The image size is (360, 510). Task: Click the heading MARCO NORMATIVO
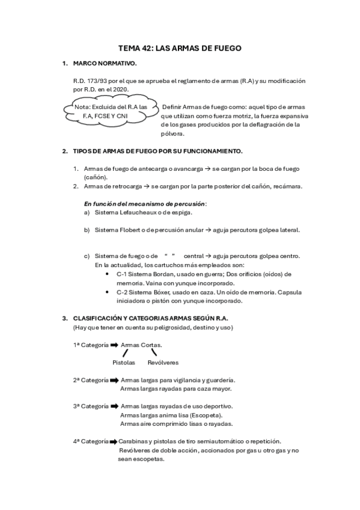click(105, 63)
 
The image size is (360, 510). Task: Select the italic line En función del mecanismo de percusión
click(145, 203)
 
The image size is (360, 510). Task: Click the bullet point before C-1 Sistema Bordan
click(106, 274)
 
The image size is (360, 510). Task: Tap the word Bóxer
click(158, 292)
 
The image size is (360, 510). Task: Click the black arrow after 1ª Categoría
click(114, 345)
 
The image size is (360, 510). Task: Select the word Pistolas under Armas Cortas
click(124, 363)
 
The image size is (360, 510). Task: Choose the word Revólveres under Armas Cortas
click(163, 363)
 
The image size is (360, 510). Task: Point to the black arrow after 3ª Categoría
click(114, 406)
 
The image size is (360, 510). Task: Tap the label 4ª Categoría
click(91, 441)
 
